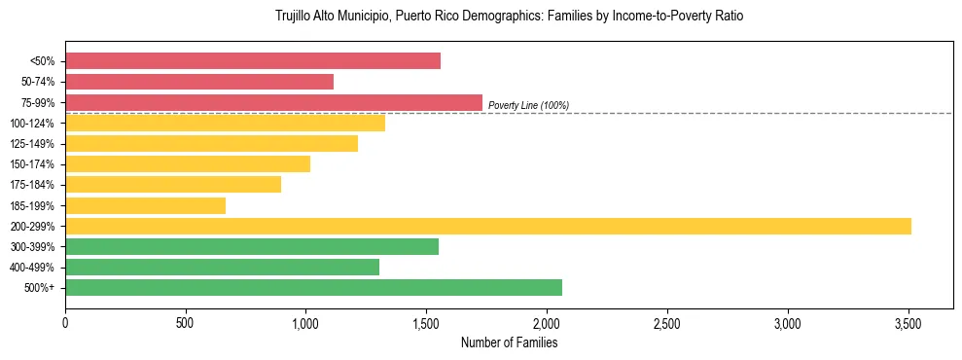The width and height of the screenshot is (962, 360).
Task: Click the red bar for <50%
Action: [x=253, y=61]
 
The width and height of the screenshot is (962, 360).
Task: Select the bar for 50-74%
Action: [x=199, y=82]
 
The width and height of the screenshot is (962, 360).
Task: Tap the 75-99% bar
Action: [x=273, y=102]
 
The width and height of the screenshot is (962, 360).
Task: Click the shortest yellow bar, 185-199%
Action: [x=146, y=205]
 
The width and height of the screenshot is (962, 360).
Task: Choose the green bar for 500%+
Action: [x=313, y=288]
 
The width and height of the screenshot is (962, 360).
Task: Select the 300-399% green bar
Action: [x=252, y=247]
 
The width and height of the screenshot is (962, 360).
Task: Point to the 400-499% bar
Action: [x=222, y=268]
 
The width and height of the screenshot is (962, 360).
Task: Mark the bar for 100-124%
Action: [x=225, y=123]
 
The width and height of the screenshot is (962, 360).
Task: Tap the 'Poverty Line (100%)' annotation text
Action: [x=528, y=105]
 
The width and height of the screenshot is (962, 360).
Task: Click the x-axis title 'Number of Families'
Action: [x=509, y=342]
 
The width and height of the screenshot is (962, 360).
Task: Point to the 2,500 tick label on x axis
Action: [x=667, y=323]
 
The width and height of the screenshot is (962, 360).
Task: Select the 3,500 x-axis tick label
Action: [x=909, y=323]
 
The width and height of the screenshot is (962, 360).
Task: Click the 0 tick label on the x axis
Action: [x=65, y=323]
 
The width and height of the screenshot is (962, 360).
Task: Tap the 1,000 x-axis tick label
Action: [x=306, y=323]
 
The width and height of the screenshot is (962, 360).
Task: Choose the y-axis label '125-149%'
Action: [x=32, y=144]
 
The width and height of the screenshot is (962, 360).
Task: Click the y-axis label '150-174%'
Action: [x=32, y=164]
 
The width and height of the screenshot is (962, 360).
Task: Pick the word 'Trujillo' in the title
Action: [x=295, y=17]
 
